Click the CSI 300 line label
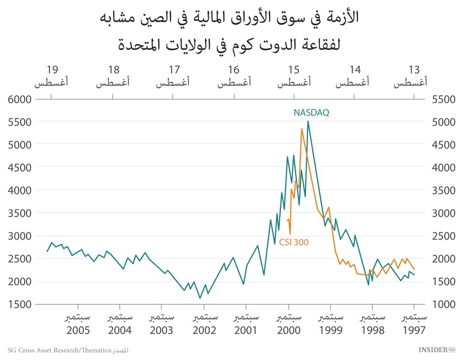(294, 242)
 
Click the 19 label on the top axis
(52, 69)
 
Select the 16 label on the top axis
(233, 69)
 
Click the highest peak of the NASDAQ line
(308, 122)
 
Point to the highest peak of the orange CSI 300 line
(301, 129)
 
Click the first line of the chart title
(231, 17)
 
